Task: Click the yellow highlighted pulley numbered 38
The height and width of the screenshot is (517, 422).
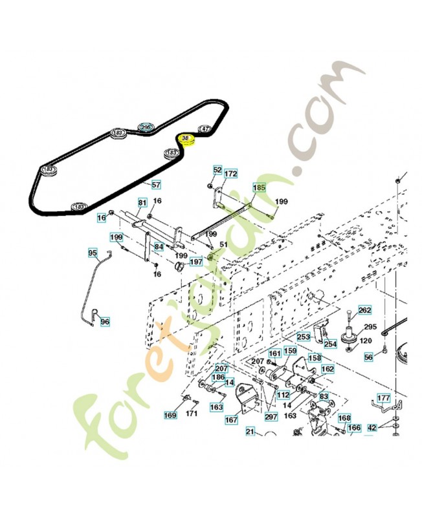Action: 186,139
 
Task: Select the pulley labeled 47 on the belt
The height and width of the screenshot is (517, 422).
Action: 205,129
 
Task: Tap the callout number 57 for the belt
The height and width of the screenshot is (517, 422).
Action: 155,184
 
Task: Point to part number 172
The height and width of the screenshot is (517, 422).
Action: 231,174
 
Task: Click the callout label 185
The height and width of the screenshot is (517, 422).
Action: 259,189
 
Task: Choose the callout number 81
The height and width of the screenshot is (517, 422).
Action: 142,202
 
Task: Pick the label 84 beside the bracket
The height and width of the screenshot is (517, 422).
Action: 159,246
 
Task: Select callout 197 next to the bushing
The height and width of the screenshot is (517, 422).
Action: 196,262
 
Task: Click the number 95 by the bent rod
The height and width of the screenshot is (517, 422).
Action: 93,253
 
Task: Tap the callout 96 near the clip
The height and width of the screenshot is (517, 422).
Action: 105,321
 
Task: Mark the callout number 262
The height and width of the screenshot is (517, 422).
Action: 365,310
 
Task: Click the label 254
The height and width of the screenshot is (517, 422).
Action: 330,344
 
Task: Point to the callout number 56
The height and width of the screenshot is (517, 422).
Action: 369,357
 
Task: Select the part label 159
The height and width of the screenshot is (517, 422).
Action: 291,351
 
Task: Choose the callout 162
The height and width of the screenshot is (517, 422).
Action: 328,369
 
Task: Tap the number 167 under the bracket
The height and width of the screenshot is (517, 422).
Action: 231,420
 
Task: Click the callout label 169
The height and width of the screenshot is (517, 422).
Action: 170,414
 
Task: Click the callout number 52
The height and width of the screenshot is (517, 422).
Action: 217,169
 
